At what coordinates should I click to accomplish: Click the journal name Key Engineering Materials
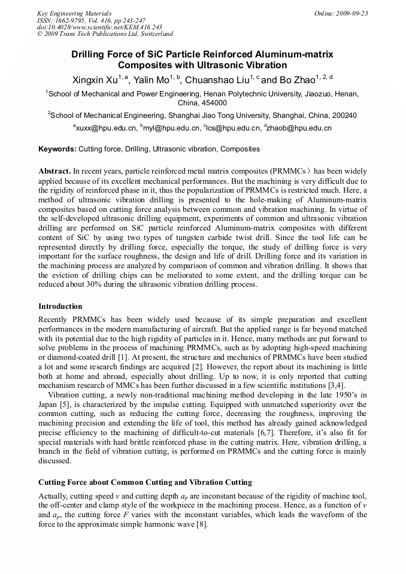pyautogui.click(x=74, y=13)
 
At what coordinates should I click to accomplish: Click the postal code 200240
pyautogui.click(x=344, y=116)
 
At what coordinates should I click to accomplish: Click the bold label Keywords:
pyautogui.click(x=57, y=148)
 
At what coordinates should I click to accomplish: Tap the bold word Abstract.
pyautogui.click(x=54, y=171)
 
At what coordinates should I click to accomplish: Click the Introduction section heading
pyautogui.click(x=60, y=306)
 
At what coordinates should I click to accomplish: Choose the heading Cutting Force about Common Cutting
pyautogui.click(x=145, y=482)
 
